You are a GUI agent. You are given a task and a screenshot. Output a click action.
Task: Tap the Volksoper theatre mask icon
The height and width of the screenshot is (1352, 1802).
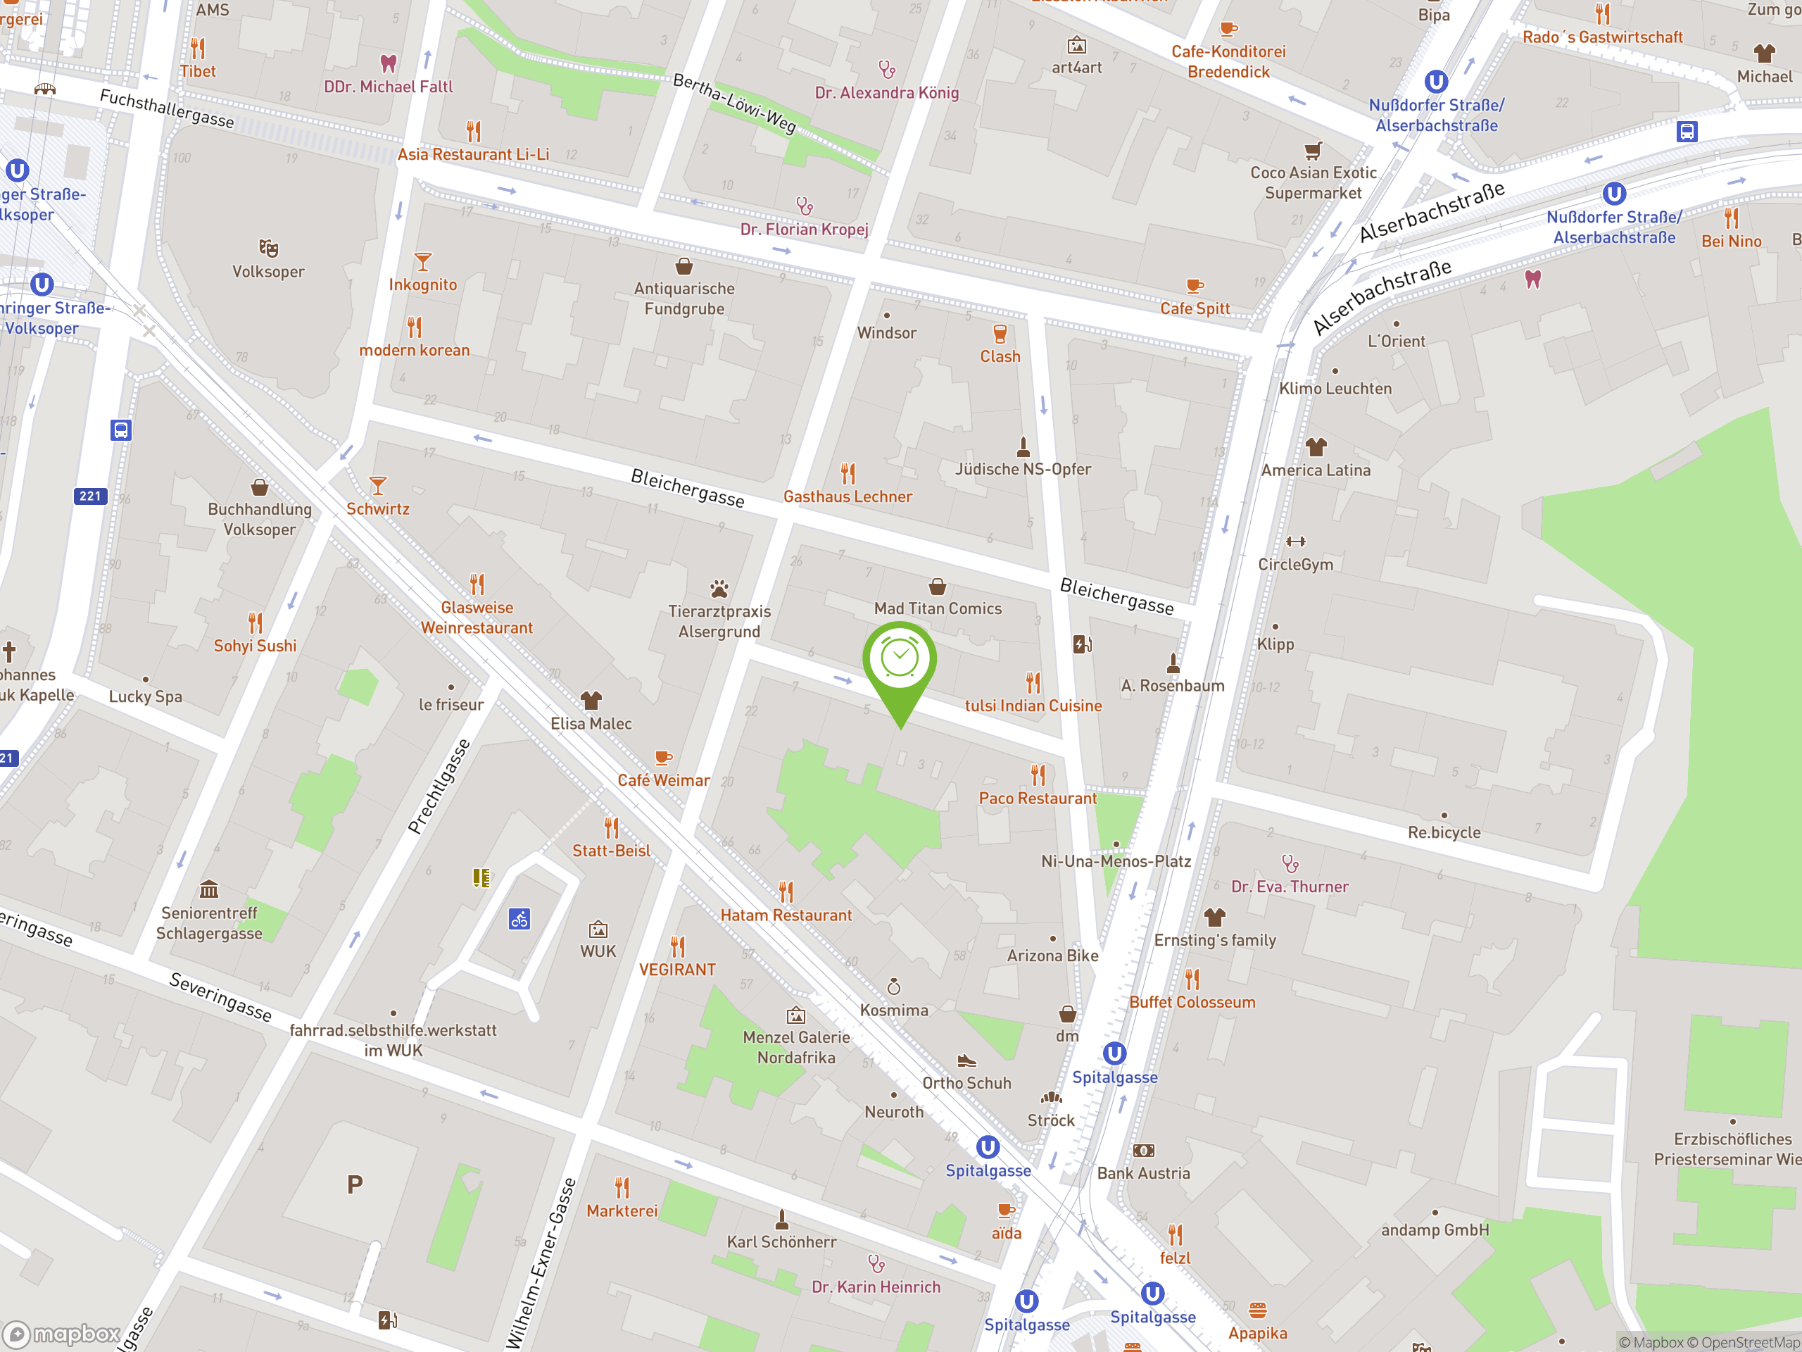tap(268, 248)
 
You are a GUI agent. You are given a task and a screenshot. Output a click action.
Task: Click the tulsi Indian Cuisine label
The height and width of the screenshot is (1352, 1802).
tap(1033, 706)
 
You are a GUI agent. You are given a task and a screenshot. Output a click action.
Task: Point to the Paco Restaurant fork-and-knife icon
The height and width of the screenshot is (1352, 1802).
tap(1038, 774)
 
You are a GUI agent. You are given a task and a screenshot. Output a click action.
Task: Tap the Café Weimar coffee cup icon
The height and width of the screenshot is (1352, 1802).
tap(663, 758)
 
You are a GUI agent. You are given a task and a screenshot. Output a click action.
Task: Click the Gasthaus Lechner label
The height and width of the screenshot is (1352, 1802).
tap(848, 496)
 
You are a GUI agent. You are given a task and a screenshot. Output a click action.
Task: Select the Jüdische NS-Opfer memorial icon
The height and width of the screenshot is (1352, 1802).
tap(1023, 446)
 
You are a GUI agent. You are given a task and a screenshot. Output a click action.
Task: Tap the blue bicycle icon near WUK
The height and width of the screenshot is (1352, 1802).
tap(519, 919)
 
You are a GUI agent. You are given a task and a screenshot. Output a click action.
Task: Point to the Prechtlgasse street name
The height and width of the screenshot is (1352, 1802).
tap(439, 787)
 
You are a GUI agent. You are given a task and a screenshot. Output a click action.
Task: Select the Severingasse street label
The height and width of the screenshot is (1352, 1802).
tap(220, 996)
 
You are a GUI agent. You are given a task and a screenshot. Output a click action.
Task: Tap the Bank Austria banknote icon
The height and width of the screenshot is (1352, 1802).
tap(1143, 1151)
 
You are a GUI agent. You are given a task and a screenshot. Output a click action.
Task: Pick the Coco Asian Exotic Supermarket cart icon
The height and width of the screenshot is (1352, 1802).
tap(1312, 150)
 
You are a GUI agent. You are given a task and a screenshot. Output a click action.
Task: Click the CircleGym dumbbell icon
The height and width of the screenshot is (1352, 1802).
tap(1295, 541)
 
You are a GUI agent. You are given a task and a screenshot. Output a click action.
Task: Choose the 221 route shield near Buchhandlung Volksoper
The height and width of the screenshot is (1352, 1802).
tap(90, 496)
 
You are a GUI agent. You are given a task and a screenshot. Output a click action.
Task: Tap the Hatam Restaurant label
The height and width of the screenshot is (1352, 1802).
tap(786, 915)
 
